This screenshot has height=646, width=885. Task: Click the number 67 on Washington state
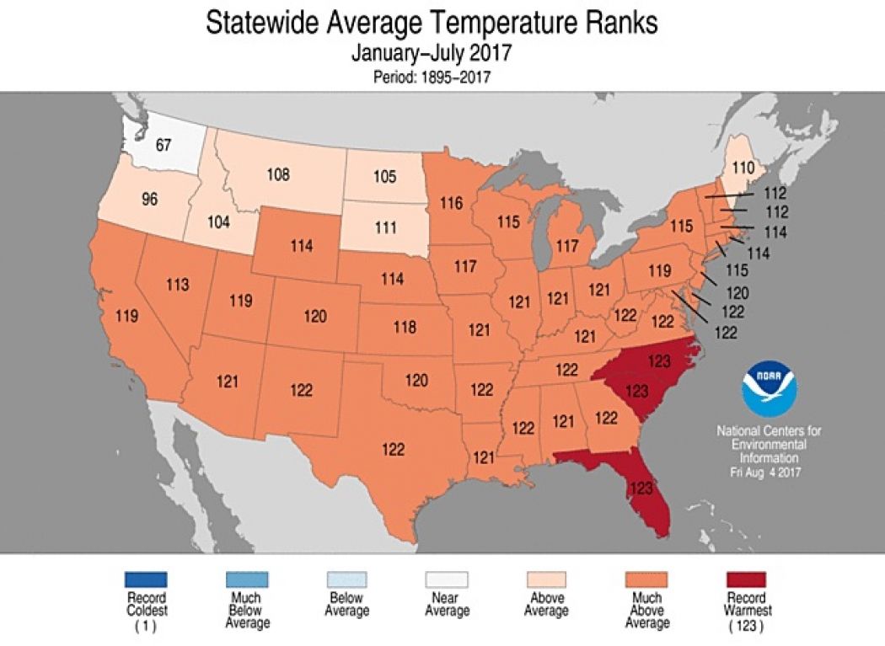pyautogui.click(x=164, y=145)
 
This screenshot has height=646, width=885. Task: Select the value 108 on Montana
pyautogui.click(x=278, y=175)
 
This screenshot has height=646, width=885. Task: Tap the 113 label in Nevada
pyautogui.click(x=177, y=285)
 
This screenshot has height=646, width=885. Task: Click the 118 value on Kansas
pyautogui.click(x=405, y=327)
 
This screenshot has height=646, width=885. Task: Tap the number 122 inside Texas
pyautogui.click(x=393, y=449)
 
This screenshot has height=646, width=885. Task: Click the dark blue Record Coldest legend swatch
pyautogui.click(x=147, y=579)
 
